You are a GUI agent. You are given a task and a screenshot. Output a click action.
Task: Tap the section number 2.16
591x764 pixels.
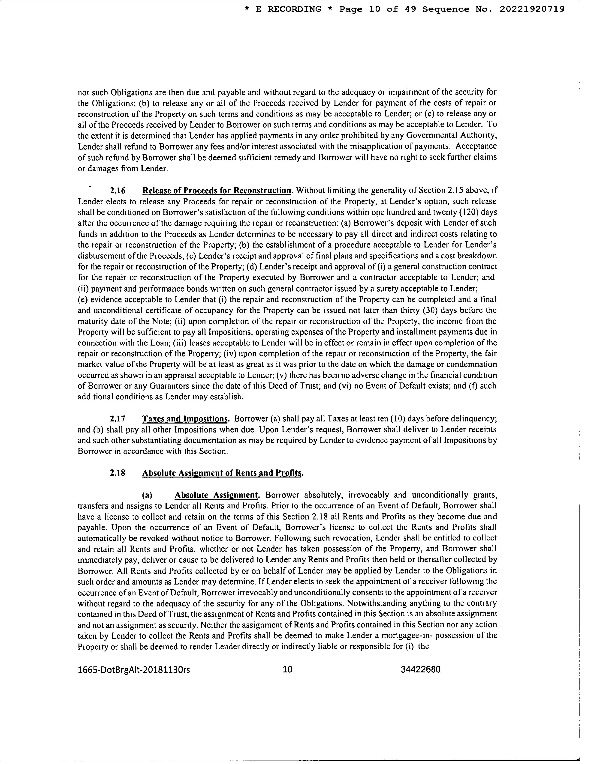click(118, 191)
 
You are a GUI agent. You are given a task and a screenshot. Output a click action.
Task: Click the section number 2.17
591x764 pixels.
click(118, 419)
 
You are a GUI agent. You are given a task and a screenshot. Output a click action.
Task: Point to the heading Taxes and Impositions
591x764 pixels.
click(186, 419)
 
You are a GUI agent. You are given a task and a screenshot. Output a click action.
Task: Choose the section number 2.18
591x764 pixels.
click(118, 473)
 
